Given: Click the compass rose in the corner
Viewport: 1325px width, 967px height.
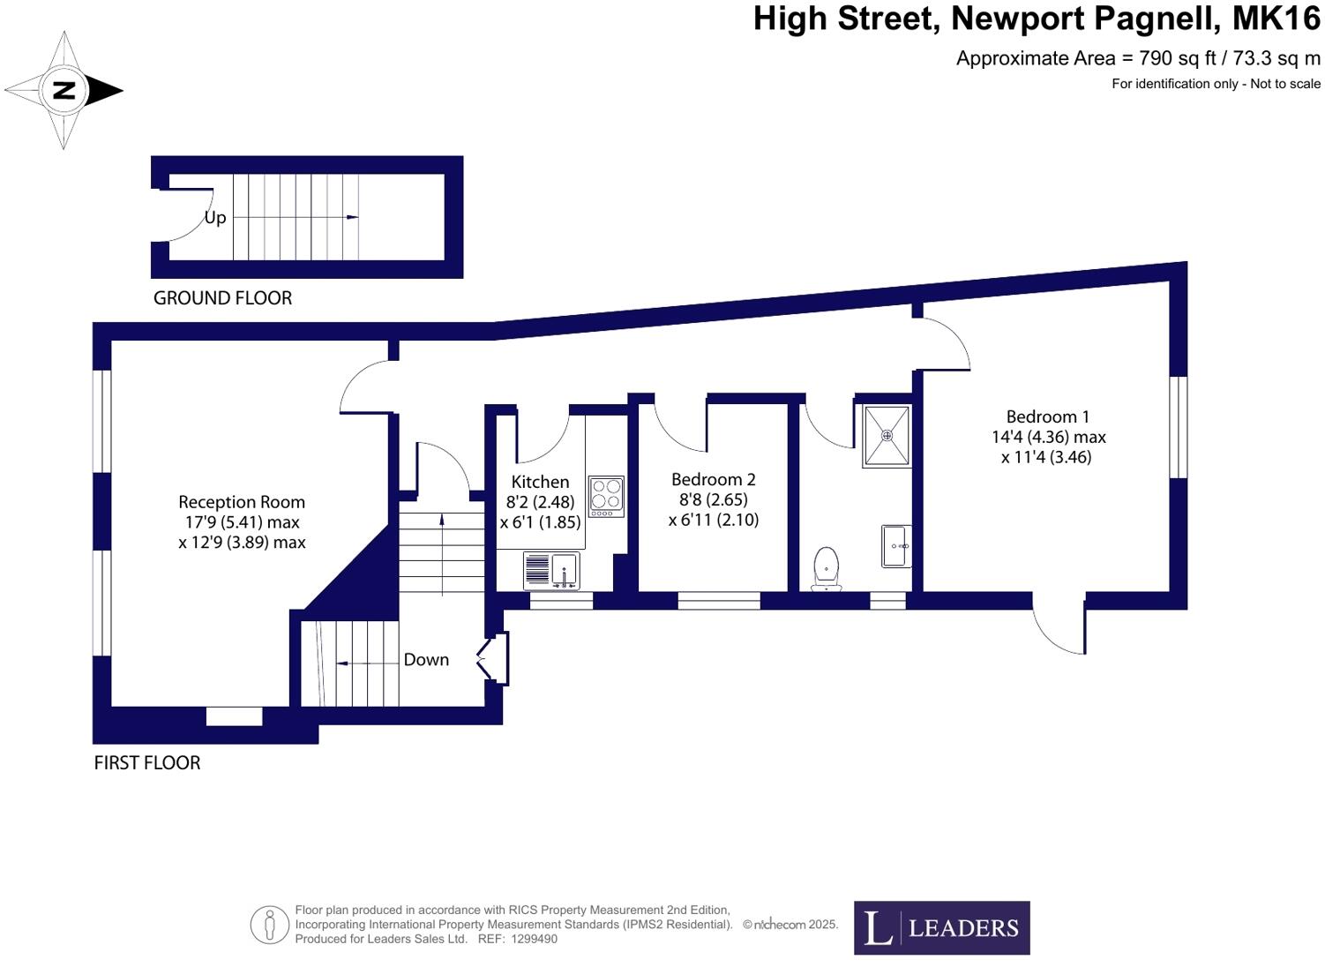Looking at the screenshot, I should [x=64, y=90].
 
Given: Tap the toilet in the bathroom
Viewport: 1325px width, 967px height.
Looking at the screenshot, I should [x=827, y=568].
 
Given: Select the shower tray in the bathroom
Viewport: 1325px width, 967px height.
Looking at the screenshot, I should [x=887, y=436].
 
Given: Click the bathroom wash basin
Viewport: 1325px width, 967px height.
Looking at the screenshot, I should [x=896, y=546].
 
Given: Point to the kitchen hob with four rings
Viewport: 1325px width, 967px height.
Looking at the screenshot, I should [x=606, y=497].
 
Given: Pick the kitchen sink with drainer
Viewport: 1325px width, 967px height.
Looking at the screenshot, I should [x=551, y=571].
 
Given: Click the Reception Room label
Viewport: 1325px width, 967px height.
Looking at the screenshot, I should [x=242, y=502].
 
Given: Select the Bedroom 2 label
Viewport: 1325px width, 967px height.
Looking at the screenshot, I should [x=713, y=479].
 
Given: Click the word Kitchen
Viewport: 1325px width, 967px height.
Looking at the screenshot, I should [x=540, y=482].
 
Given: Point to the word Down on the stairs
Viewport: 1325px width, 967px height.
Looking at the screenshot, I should [x=426, y=660].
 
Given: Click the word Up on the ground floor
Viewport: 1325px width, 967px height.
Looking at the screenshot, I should [x=215, y=218].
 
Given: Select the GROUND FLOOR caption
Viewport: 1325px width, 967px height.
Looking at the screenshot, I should [x=222, y=298].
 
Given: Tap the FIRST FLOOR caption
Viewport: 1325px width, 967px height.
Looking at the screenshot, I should [x=147, y=763].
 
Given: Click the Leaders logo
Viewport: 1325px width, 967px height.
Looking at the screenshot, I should [x=941, y=927].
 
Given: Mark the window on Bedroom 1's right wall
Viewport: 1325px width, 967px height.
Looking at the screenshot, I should [x=1179, y=427].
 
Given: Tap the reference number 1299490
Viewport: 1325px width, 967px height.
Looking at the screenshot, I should [x=534, y=939].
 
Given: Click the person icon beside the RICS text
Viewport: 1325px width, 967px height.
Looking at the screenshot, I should [x=269, y=926].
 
